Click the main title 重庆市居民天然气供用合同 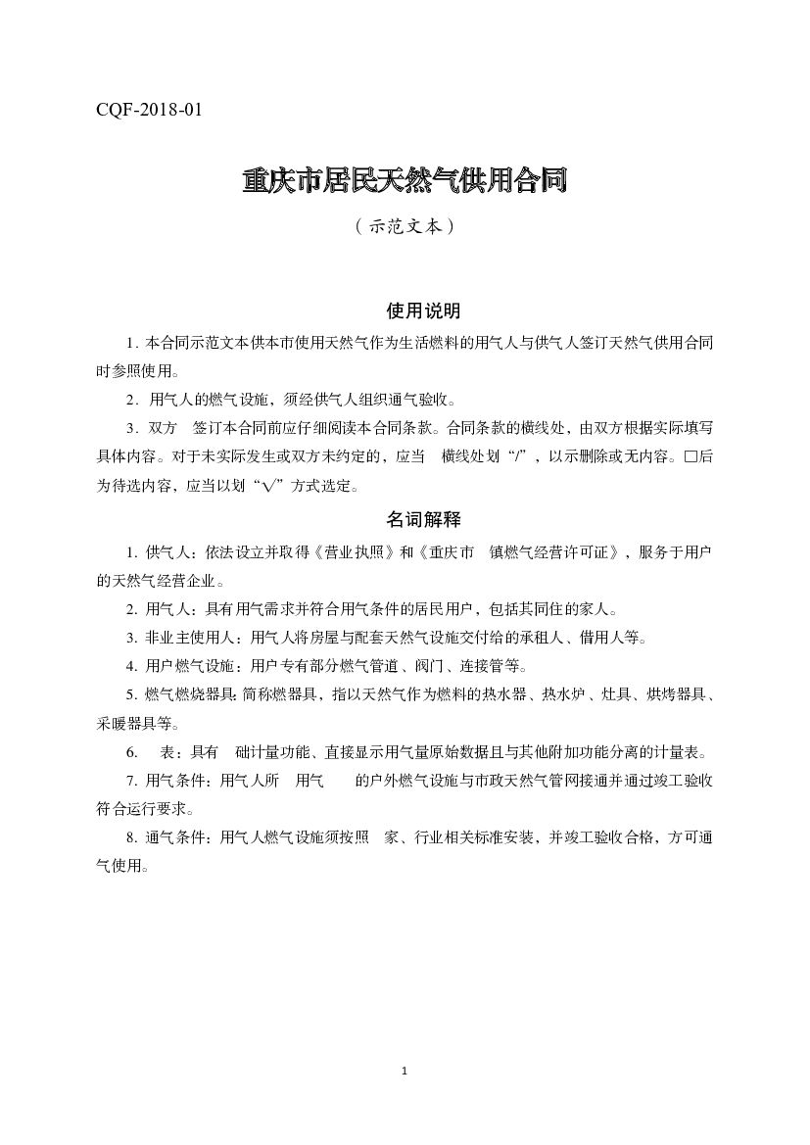point(405,182)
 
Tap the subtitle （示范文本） point(405,225)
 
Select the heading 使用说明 point(423,311)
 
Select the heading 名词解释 point(423,519)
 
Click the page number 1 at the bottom point(405,1072)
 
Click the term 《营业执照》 point(351,552)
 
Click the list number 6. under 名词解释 point(131,753)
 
